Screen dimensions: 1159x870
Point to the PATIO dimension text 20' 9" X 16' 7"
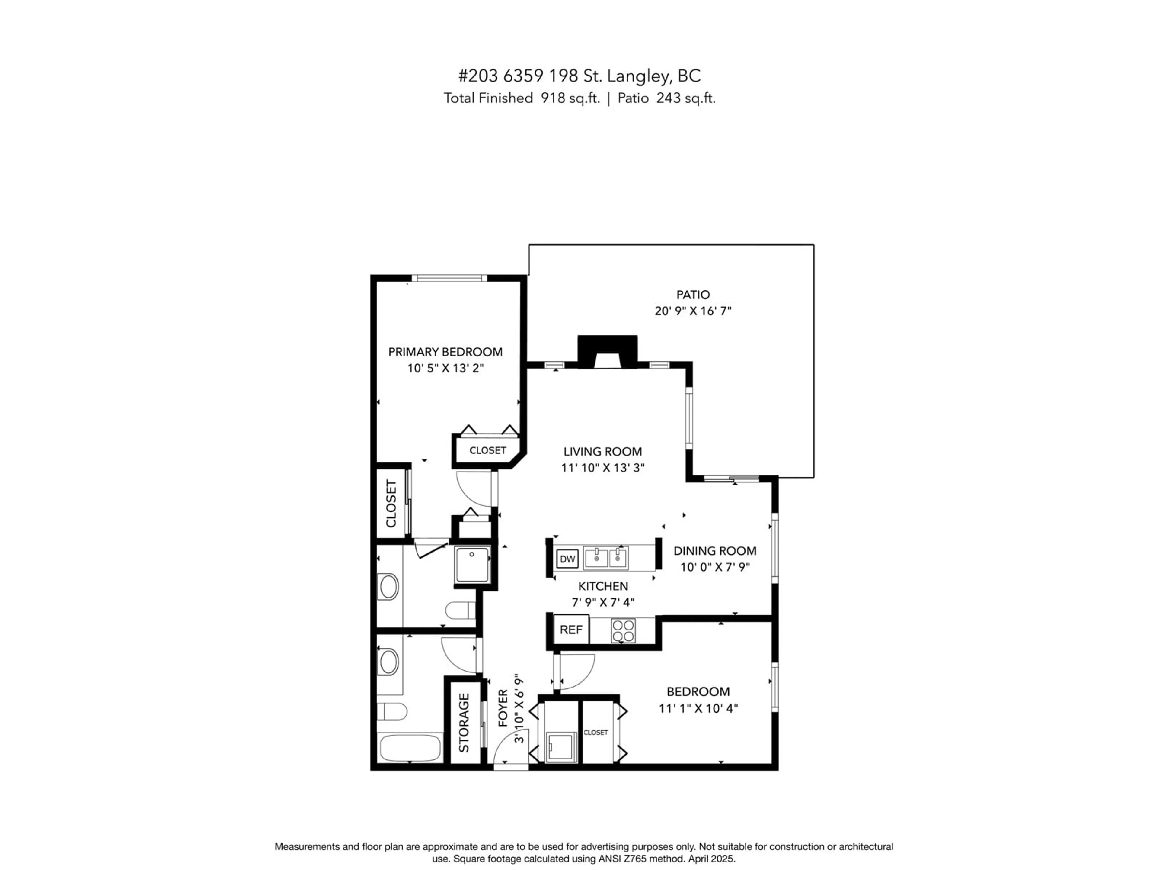pos(693,311)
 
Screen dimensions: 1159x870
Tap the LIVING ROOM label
pos(602,452)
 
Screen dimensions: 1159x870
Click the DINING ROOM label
pos(715,551)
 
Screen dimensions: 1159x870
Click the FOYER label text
pos(503,708)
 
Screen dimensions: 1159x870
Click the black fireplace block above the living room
pos(607,351)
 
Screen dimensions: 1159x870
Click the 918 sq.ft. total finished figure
pos(570,98)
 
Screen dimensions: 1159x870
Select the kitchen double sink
pos(606,558)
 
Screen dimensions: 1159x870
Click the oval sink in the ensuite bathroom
pos(388,586)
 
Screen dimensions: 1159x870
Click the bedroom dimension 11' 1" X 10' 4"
pos(698,708)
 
